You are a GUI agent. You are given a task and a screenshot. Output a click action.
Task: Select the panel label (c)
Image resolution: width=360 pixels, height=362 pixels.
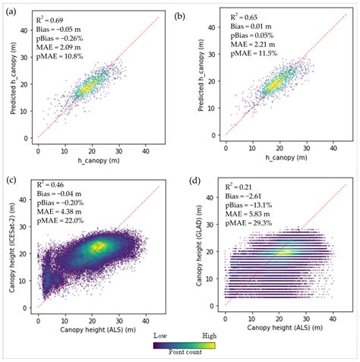11,181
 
